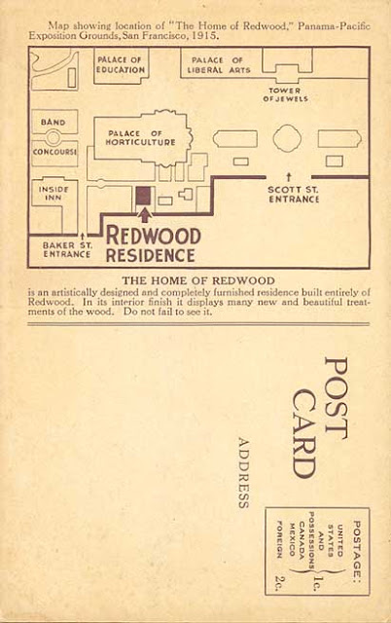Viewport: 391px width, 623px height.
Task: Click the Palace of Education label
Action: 121,65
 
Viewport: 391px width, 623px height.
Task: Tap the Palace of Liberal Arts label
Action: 219,65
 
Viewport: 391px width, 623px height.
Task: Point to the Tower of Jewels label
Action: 285,95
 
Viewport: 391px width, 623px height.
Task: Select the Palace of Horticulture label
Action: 140,138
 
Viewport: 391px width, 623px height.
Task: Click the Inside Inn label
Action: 53,193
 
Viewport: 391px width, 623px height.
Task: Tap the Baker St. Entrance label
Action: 67,250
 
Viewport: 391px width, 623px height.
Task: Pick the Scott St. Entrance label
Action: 294,195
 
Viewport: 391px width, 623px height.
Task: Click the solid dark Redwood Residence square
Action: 143,196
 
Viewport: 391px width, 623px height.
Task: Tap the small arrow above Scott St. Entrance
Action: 289,177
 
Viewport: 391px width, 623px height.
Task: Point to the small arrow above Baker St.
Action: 82,238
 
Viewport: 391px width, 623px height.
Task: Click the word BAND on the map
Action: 53,122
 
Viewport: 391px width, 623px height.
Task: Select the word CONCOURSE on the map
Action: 54,152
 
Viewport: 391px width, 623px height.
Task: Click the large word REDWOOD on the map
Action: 154,236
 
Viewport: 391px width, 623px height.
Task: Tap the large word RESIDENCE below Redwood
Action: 151,255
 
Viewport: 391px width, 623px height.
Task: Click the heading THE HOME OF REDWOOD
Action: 198,281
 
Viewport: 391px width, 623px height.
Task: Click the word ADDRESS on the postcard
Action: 243,473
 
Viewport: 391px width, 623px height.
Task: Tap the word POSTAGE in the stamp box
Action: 357,550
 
